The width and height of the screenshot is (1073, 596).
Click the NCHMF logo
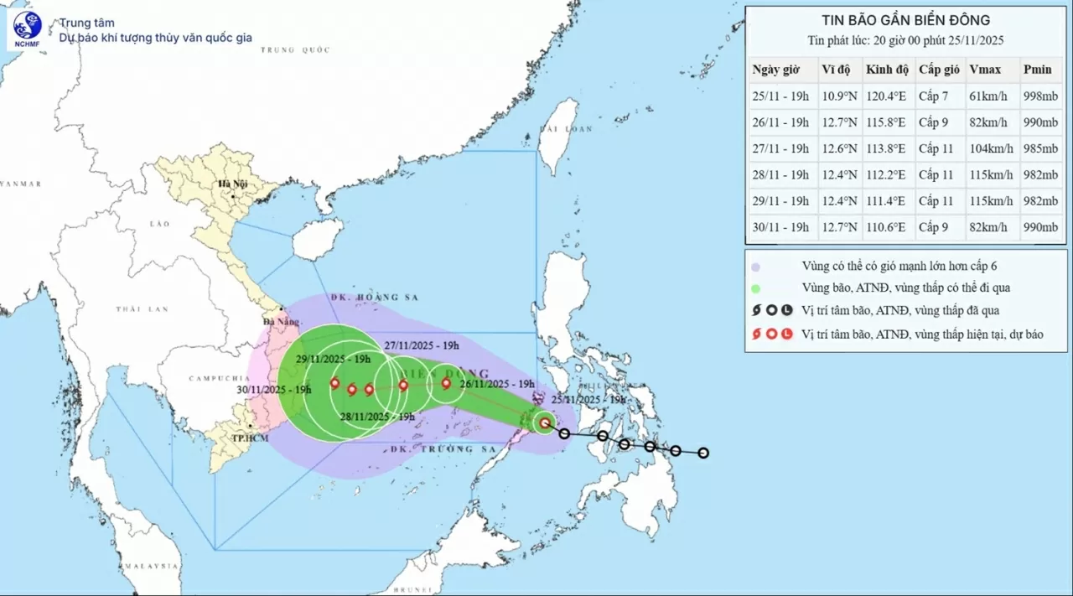click(x=28, y=30)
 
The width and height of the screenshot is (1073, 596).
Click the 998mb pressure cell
click(x=1040, y=96)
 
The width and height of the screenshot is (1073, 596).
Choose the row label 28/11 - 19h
click(x=780, y=175)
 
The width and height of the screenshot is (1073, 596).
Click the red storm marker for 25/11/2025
click(x=545, y=423)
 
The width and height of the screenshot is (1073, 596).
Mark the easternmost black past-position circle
click(x=703, y=453)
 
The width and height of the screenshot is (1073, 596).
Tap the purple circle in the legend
click(x=755, y=267)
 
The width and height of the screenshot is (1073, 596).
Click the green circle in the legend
click(x=755, y=288)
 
